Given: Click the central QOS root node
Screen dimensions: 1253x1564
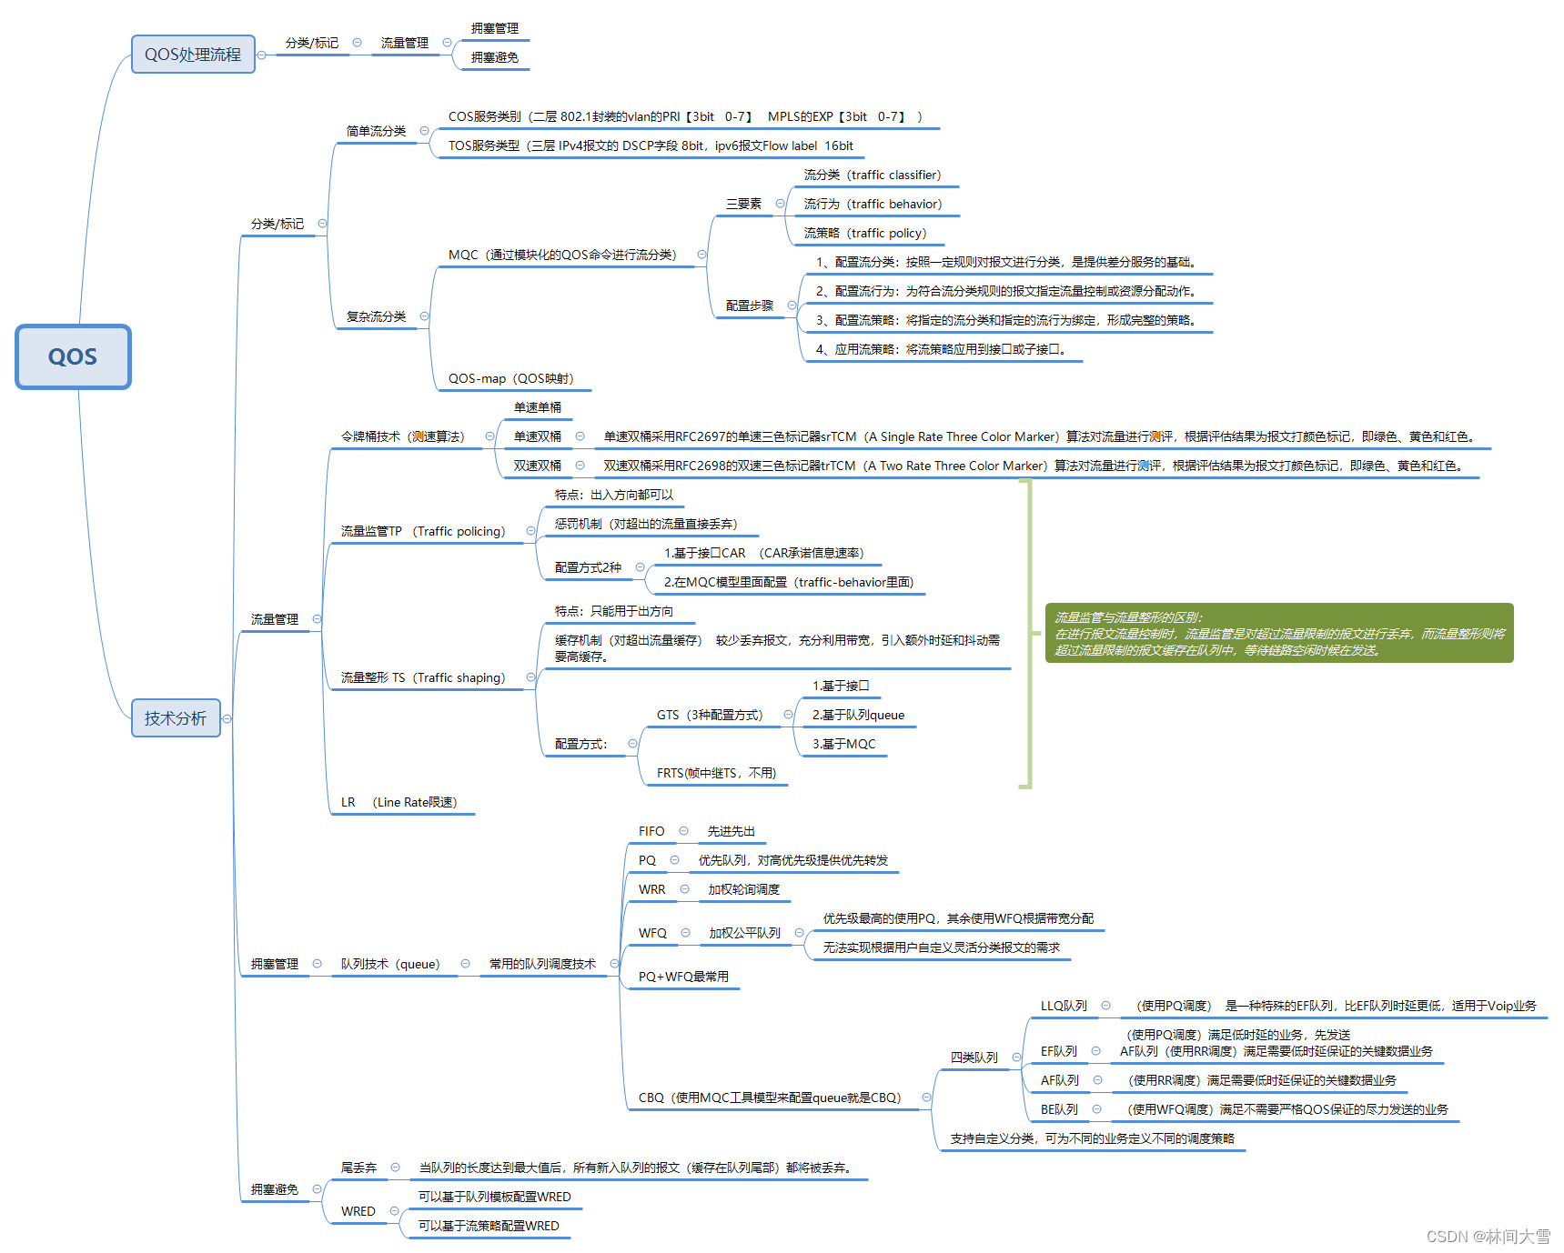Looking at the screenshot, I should point(73,356).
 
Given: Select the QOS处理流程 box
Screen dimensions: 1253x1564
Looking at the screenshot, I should point(193,55).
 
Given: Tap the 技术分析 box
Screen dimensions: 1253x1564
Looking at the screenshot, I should point(176,718).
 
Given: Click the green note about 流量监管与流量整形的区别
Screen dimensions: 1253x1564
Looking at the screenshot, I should point(1278,633).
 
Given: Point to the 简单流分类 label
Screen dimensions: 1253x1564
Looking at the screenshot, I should point(376,131).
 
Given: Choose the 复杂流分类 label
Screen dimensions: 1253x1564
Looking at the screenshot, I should point(376,316).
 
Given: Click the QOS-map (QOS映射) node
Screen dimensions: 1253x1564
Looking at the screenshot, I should point(510,378).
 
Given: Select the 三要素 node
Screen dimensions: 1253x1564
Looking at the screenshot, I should point(743,204).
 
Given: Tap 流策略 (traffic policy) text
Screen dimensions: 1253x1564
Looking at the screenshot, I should point(864,233).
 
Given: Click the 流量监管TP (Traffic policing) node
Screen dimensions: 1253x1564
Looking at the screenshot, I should point(422,531).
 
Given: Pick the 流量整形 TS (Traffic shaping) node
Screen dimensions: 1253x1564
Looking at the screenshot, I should point(422,677).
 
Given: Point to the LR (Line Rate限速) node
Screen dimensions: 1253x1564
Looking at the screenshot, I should point(399,802).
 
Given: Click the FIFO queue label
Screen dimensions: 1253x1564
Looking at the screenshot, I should point(651,831).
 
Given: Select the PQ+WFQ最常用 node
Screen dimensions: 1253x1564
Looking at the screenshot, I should point(683,977).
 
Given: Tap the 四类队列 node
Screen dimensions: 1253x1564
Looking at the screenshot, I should point(974,1058).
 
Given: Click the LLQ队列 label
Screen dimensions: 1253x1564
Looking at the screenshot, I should point(1064,1006).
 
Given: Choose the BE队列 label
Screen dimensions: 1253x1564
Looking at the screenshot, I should point(1059,1109).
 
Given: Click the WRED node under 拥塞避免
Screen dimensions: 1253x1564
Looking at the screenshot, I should point(358,1211).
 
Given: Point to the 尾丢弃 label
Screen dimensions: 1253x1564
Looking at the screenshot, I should point(358,1168).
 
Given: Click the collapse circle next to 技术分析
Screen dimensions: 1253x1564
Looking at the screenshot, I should point(227,718).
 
